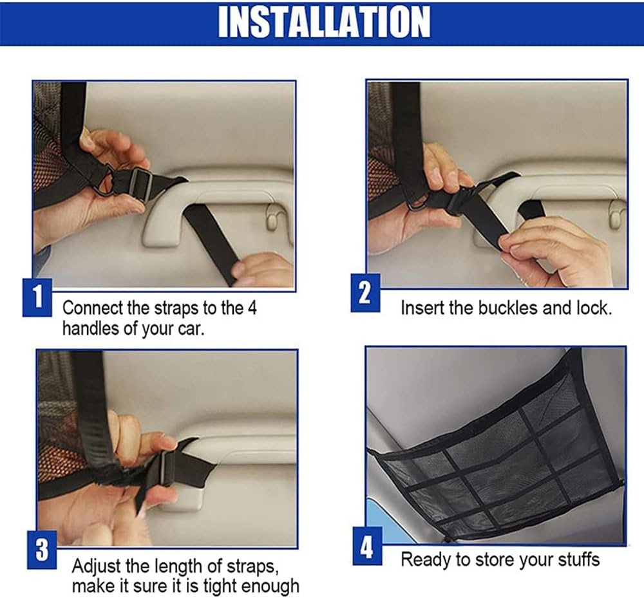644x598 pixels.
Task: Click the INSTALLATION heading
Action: (x=324, y=22)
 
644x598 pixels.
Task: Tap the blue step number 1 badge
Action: (x=37, y=297)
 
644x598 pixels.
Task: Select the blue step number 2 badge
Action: (x=365, y=293)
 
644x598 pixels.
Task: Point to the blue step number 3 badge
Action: (x=42, y=550)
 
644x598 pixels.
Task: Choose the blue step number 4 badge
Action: (x=368, y=547)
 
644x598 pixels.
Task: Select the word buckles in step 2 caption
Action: (x=507, y=308)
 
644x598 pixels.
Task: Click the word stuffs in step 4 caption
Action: (x=579, y=559)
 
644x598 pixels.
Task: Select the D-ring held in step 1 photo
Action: (x=102, y=181)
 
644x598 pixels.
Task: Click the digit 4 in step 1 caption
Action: (x=252, y=308)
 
